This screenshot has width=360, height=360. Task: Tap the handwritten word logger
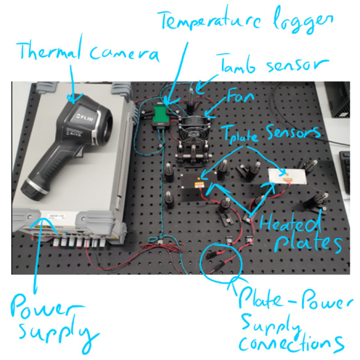[x=303, y=22]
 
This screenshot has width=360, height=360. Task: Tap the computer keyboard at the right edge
[x=345, y=170]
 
